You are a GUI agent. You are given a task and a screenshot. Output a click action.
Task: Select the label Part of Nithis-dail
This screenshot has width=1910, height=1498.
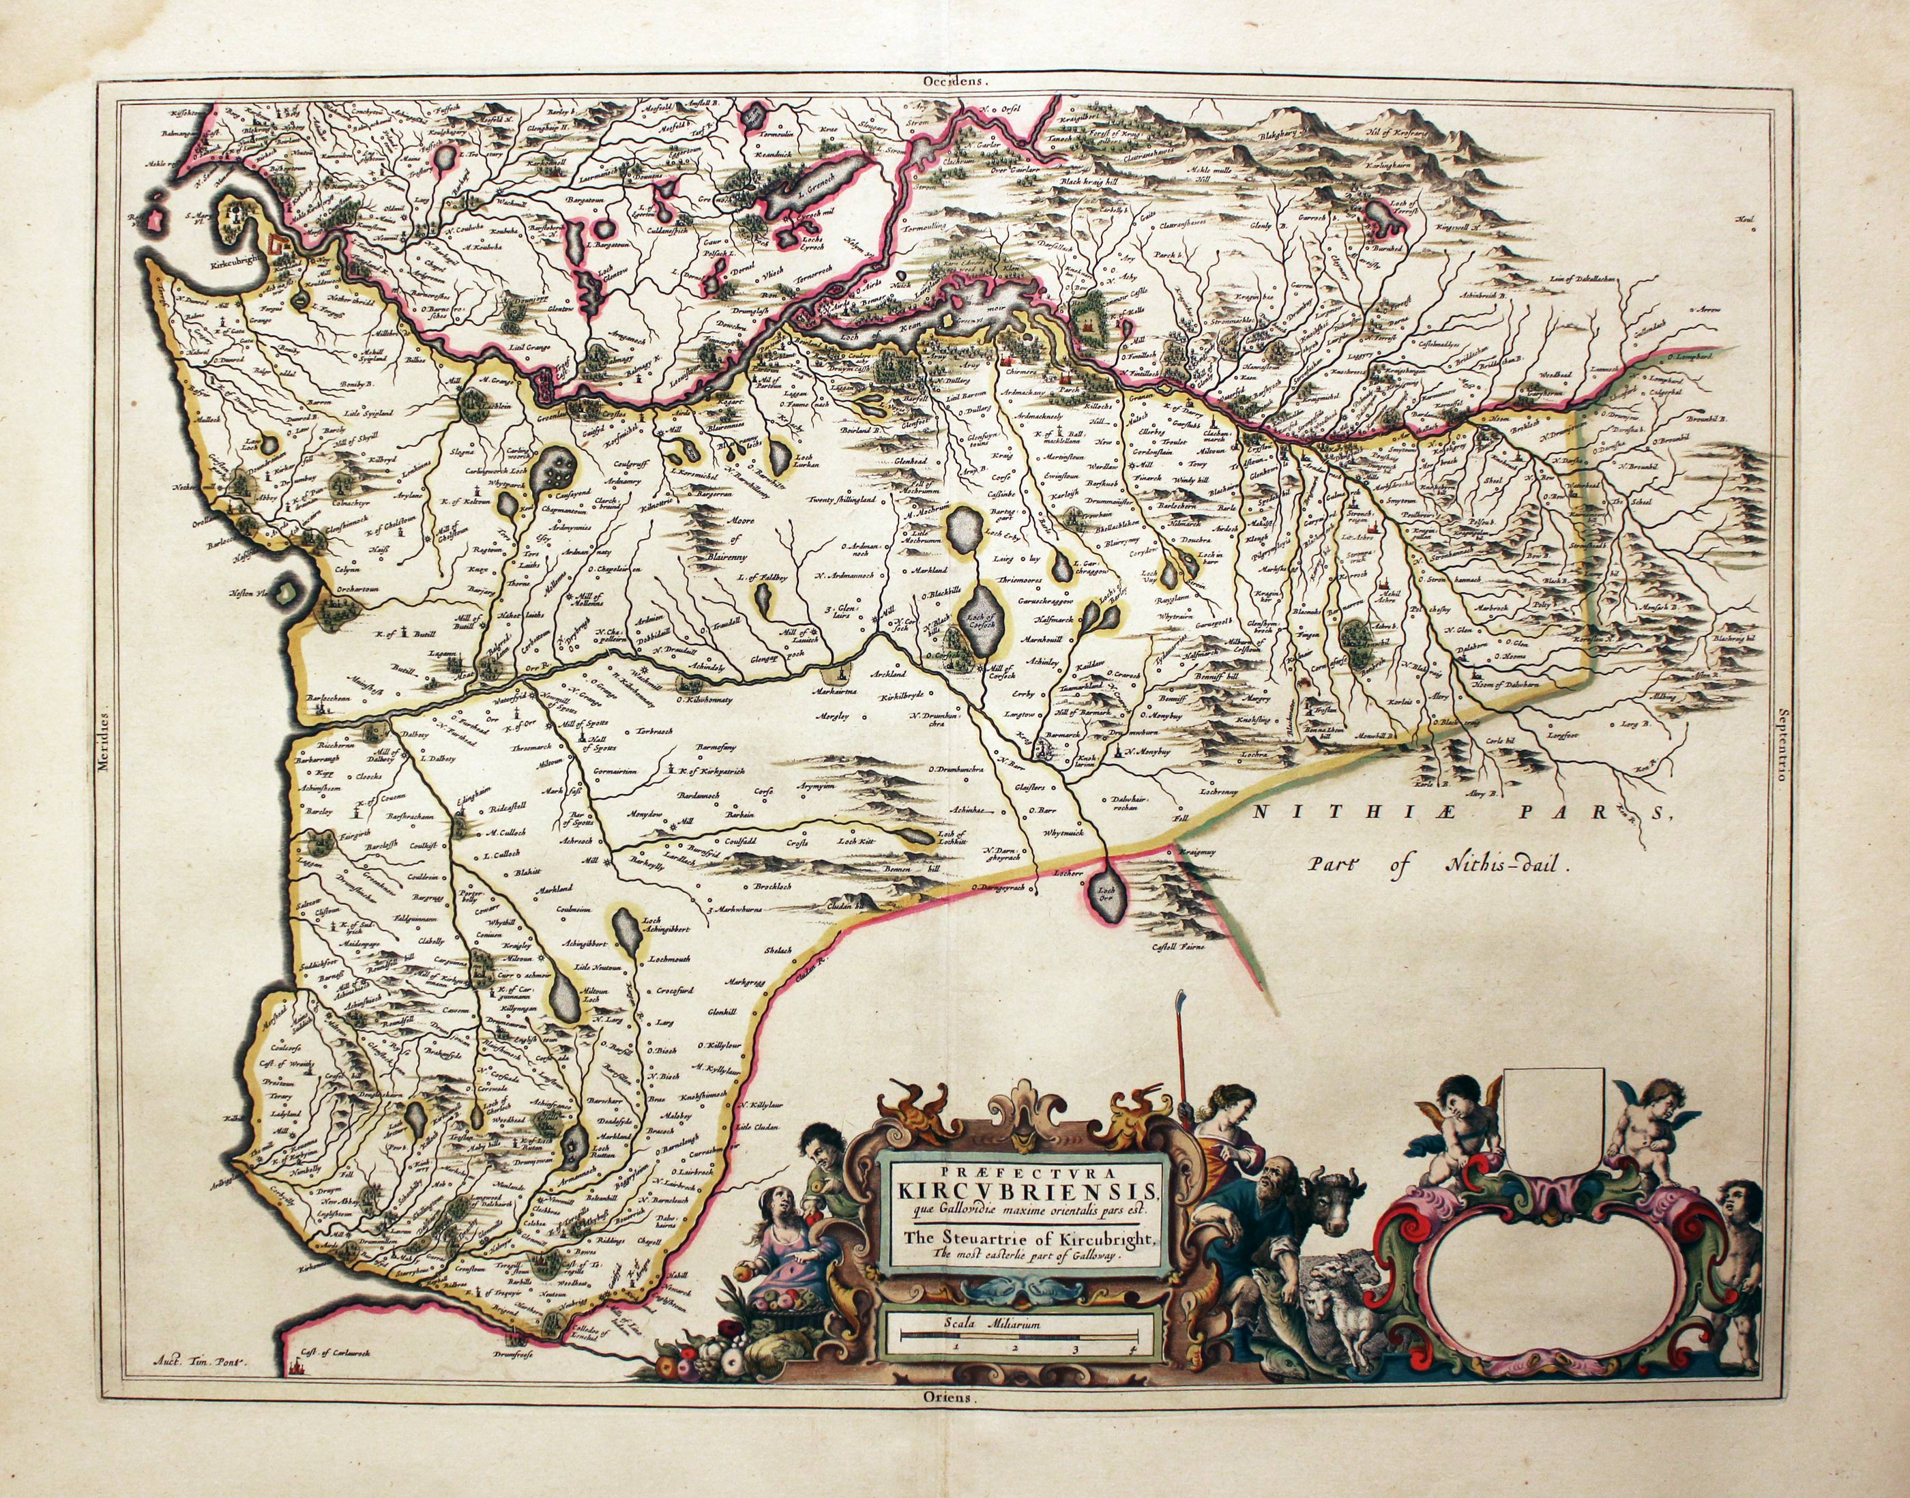click(1437, 862)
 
